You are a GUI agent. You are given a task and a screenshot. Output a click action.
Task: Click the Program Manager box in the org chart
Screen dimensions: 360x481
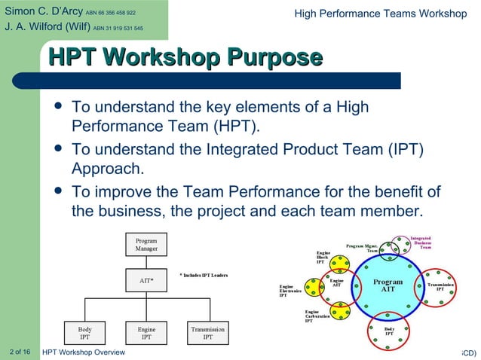pos(146,245)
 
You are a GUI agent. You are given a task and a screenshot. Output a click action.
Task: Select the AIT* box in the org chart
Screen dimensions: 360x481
pos(146,281)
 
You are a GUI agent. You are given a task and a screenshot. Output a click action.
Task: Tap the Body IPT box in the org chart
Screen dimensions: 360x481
pos(85,333)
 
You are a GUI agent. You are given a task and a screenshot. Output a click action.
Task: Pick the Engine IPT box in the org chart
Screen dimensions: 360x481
pos(146,333)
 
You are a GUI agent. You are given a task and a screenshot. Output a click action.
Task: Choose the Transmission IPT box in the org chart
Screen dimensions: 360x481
pos(207,333)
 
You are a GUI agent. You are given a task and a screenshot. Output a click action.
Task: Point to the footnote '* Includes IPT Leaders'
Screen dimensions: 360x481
pos(204,275)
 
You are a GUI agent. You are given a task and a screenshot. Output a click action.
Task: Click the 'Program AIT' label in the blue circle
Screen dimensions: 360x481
pos(388,285)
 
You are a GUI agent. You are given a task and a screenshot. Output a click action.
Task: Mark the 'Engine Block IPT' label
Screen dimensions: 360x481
pos(323,257)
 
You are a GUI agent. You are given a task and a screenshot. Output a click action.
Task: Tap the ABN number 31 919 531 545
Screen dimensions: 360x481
pos(118,29)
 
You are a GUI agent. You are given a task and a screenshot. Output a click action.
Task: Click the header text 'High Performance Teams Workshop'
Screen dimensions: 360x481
pos(380,13)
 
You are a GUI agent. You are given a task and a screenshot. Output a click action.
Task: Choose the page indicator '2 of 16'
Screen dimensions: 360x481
pos(20,352)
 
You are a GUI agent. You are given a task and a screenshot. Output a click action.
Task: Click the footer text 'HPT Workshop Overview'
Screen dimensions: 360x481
pos(84,352)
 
